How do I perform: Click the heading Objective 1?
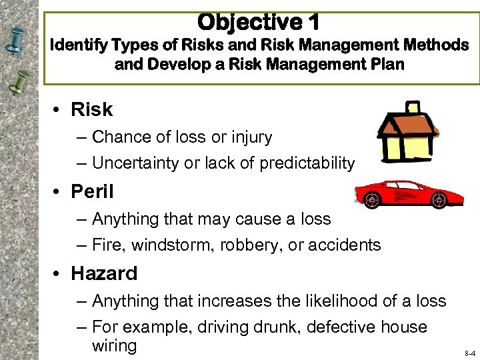click(x=259, y=22)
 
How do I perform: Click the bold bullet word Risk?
click(x=92, y=109)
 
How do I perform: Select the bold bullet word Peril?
click(x=92, y=192)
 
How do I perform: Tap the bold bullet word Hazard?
click(x=104, y=273)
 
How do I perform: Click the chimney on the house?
click(x=413, y=107)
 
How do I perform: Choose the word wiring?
click(x=114, y=345)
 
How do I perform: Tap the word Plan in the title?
click(x=387, y=65)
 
